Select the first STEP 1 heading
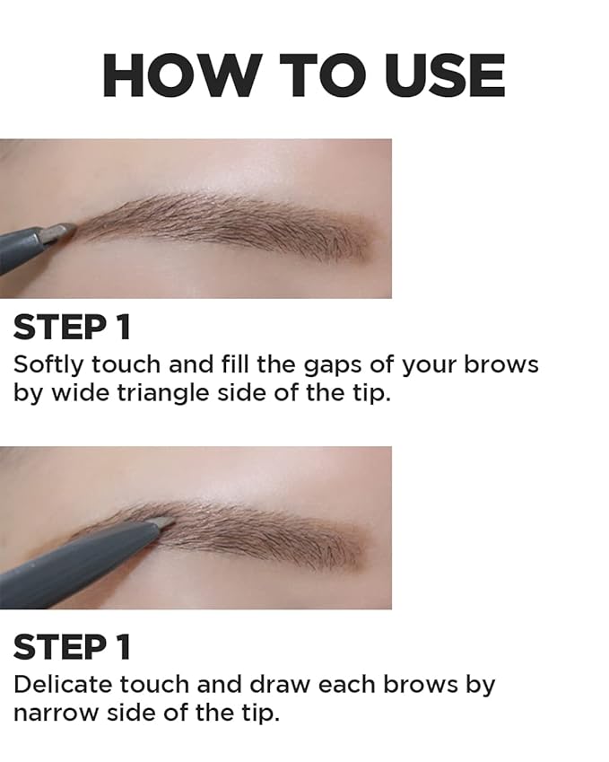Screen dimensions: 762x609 [x=72, y=327]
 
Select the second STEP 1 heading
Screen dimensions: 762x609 [x=72, y=647]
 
